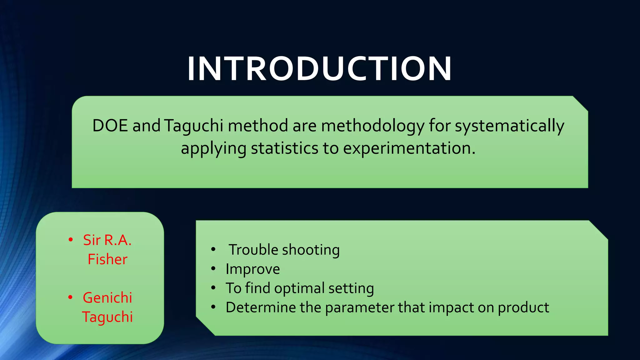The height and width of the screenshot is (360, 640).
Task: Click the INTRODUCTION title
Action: coord(319,69)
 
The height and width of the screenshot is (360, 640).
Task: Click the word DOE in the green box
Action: coord(110,126)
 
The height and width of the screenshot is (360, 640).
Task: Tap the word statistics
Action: coord(284,148)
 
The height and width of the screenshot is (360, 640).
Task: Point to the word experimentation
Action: coord(409,149)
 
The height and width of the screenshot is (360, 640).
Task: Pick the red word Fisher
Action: coord(107,259)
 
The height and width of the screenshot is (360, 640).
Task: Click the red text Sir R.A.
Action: coord(107,240)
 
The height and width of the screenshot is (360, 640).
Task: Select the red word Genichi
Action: coord(107,297)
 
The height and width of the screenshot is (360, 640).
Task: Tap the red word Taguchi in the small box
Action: coord(107,317)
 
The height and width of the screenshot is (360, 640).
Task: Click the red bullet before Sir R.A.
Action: coord(71,240)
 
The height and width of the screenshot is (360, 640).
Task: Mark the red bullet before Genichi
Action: coord(70,297)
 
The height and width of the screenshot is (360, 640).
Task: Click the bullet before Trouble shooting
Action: coord(213,249)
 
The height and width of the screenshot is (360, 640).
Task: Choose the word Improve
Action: coord(252,269)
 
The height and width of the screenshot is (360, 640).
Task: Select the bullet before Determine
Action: coord(213,307)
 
